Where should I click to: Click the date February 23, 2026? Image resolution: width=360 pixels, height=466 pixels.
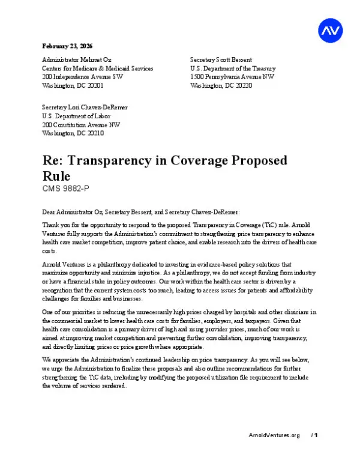pyautogui.click(x=67, y=46)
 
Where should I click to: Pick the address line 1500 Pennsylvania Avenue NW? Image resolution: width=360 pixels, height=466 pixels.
pyautogui.click(x=232, y=77)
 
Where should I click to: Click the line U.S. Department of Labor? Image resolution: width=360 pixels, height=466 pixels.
pyautogui.click(x=76, y=116)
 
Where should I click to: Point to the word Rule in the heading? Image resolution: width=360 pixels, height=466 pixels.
pyautogui.click(x=56, y=177)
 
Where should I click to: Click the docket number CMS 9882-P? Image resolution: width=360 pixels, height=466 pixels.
pyautogui.click(x=65, y=189)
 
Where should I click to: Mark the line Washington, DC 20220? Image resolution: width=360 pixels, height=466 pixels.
pyautogui.click(x=221, y=86)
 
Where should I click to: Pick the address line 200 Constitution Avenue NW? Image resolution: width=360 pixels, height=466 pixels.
pyautogui.click(x=81, y=125)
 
